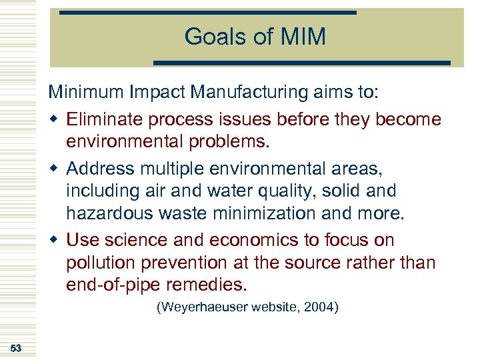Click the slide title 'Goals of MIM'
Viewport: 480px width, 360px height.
tap(255, 37)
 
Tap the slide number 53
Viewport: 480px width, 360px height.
tap(16, 348)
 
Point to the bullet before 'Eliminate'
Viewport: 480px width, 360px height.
tap(54, 120)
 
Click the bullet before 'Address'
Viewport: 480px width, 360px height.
tap(54, 168)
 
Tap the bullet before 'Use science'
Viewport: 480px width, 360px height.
tap(54, 240)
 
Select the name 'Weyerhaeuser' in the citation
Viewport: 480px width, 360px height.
tap(201, 308)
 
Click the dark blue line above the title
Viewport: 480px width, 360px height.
tap(208, 13)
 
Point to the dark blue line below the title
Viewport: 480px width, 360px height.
tap(302, 63)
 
